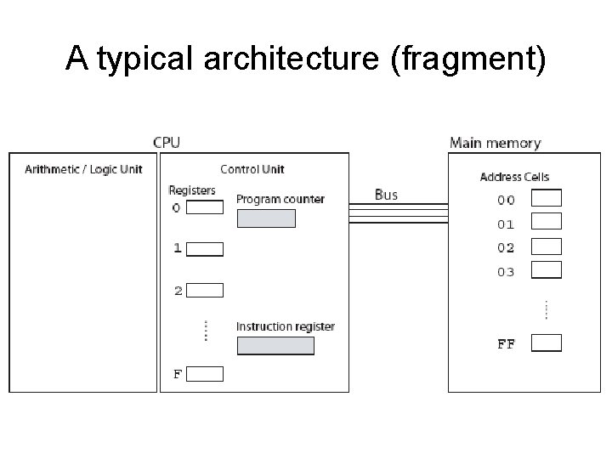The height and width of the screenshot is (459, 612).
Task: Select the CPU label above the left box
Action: click(166, 142)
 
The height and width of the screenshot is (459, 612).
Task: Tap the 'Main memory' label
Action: click(495, 143)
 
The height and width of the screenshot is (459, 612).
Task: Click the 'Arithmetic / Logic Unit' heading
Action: click(83, 169)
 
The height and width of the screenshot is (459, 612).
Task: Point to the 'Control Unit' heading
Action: click(252, 169)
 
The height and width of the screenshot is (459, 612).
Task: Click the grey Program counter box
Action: click(265, 218)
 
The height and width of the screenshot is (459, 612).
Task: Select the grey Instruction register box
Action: click(275, 346)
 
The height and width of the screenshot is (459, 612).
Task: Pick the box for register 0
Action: click(204, 207)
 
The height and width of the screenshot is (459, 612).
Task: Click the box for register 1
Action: click(204, 249)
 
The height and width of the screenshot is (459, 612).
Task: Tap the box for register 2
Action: click(204, 291)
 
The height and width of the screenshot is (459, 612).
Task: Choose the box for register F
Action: click(204, 374)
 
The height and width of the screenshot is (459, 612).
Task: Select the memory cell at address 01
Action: click(546, 222)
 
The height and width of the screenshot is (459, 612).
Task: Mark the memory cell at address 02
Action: click(546, 246)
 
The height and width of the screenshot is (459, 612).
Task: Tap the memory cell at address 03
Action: click(546, 270)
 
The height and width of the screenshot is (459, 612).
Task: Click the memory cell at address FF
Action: click(546, 343)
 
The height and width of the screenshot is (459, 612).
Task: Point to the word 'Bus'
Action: click(386, 195)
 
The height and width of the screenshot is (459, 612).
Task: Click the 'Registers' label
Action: click(192, 190)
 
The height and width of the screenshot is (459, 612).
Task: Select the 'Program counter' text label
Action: click(280, 199)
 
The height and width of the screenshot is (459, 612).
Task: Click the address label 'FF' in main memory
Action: click(506, 345)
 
